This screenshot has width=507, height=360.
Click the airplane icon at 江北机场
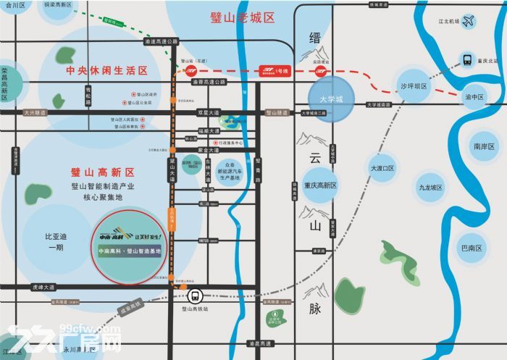469,22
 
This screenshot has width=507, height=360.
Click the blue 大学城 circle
330,98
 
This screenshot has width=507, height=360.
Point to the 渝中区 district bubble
474,96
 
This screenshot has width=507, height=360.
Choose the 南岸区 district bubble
483,146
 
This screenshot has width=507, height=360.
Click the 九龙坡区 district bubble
430,187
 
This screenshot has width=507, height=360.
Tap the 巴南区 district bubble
472,248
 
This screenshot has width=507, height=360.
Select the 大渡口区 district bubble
382,168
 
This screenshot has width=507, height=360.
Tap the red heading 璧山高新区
103,172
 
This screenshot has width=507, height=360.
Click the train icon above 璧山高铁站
194,296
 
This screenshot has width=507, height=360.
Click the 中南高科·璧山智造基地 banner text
128,251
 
